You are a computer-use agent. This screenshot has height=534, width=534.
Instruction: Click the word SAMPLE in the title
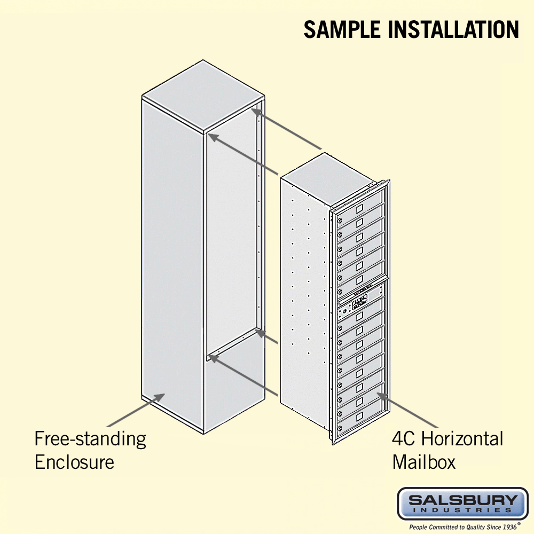tap(342, 29)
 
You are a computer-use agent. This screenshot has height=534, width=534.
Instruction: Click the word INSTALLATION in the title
tap(453, 29)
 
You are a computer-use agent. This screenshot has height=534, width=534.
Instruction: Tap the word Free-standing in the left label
tap(90, 439)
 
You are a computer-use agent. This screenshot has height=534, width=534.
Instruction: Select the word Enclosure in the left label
tap(74, 462)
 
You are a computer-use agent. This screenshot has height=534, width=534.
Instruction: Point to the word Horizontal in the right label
tap(462, 438)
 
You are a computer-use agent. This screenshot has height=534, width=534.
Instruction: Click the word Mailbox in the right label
tap(423, 462)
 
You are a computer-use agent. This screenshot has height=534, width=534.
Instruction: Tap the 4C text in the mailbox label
tap(403, 438)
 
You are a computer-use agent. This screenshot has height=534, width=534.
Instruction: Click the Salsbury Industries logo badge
tap(462, 504)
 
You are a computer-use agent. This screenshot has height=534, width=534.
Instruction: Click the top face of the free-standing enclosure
tap(203, 96)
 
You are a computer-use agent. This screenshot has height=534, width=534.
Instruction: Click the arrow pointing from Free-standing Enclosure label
tap(136, 410)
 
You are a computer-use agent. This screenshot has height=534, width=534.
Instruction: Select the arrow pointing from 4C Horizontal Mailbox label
tap(407, 410)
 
